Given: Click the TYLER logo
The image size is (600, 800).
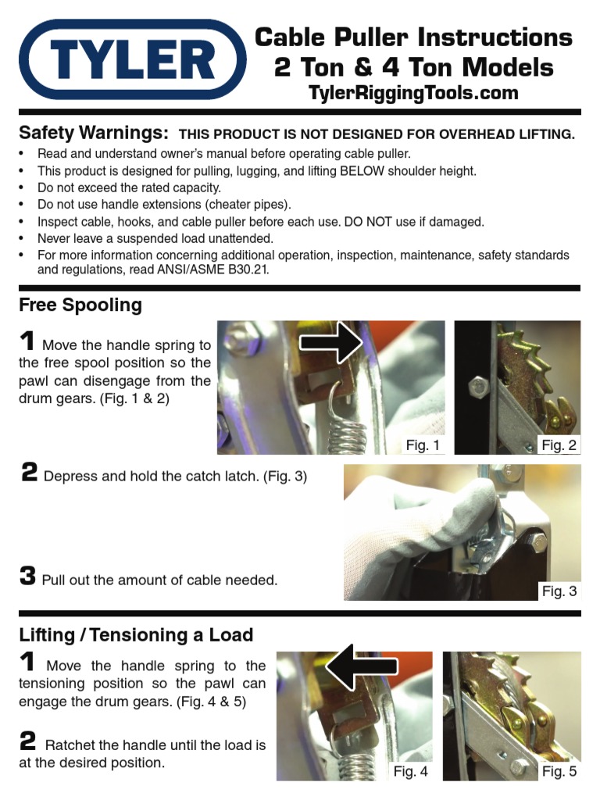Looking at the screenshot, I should tap(132, 59).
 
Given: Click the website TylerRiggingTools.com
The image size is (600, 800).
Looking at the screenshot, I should tap(413, 93).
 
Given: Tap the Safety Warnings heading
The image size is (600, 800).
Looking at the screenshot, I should tap(94, 132).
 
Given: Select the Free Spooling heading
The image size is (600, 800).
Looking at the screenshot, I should tap(80, 305).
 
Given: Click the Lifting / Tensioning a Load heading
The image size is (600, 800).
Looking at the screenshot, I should tap(136, 634).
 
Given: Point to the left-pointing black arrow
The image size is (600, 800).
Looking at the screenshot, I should tap(361, 666).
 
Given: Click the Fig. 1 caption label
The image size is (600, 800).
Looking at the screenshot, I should tap(423, 445).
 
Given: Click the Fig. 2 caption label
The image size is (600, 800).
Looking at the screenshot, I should tap(559, 445).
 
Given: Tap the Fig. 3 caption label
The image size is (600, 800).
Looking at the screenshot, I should tap(559, 591).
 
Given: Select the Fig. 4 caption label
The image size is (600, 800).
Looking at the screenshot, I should tap(410, 771).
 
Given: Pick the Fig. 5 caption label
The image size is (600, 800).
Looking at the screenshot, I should tap(559, 771).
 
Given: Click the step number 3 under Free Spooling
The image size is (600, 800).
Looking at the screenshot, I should tap(27, 577).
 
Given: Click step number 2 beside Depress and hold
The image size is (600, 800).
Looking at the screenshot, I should tap(29, 473).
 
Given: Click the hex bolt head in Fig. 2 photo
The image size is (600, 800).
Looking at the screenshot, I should tap(475, 386).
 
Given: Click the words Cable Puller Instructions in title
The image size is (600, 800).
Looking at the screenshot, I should tap(413, 37).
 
